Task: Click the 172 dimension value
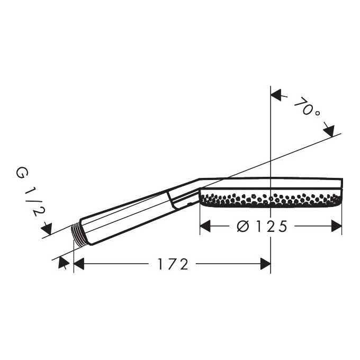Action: [x=173, y=264]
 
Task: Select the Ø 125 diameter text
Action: [x=262, y=226]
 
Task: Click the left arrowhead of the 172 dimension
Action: [x=79, y=264]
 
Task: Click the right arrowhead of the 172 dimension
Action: [x=265, y=264]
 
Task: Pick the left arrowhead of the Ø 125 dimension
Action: [x=205, y=226]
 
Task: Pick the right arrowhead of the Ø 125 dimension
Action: [x=336, y=226]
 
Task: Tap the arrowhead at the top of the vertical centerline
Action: [x=276, y=95]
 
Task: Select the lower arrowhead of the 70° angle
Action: [x=329, y=131]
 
